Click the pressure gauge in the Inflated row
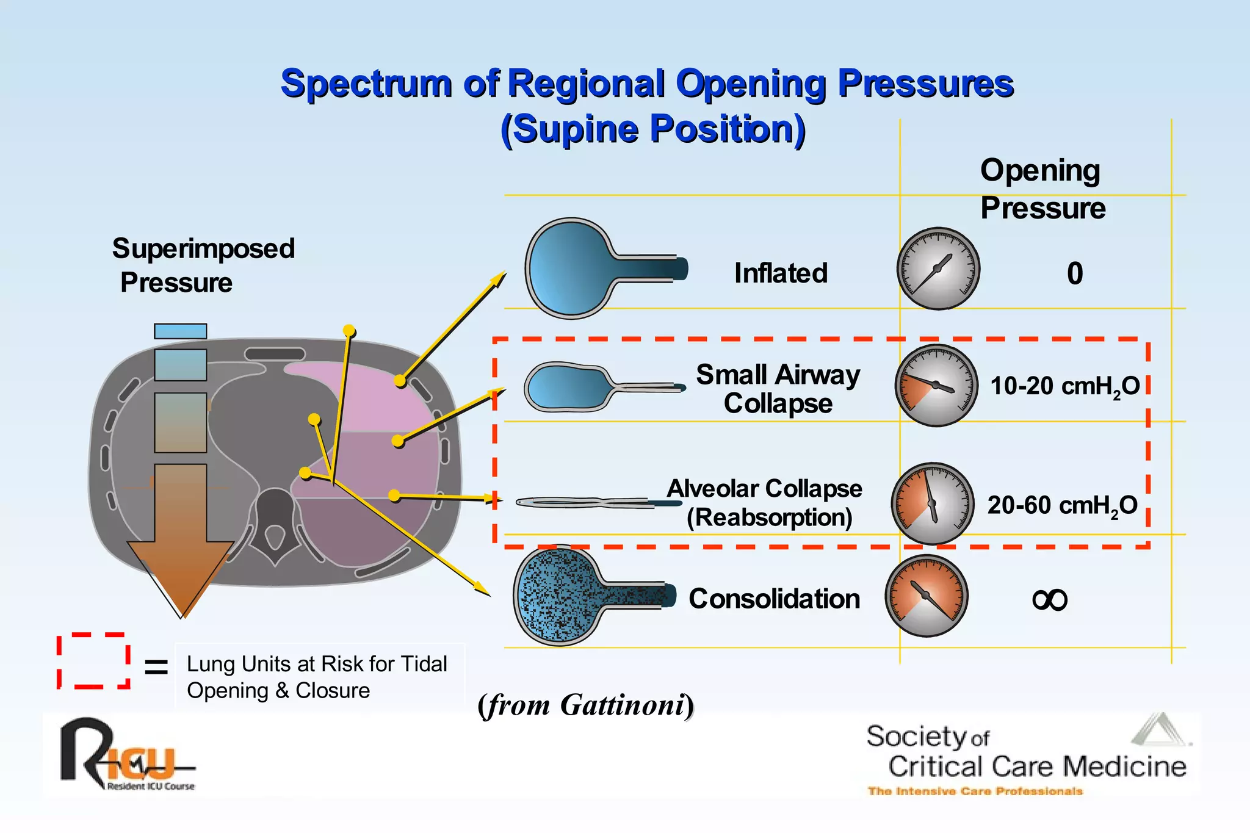[938, 269]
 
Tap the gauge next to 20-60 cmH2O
[932, 503]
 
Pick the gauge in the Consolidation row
[927, 596]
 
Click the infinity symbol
[1049, 600]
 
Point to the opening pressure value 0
[1075, 273]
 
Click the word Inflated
[781, 273]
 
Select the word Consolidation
[774, 599]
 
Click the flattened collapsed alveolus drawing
[586, 503]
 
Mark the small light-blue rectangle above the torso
[180, 331]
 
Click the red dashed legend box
[93, 661]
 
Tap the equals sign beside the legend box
[156, 667]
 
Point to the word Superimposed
[203, 248]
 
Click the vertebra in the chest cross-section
[275, 525]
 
